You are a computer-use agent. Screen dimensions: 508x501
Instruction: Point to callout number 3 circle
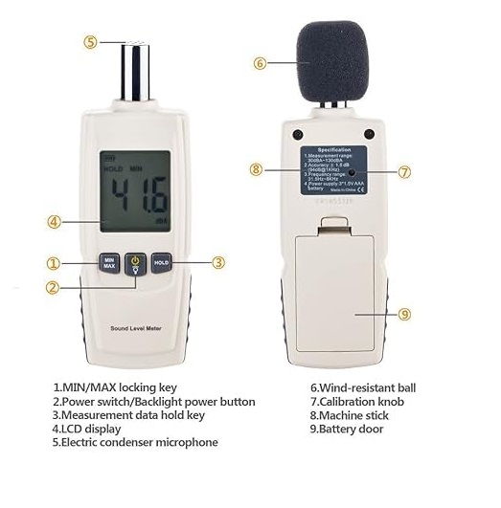[218, 262]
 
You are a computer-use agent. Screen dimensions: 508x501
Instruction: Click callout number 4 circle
[55, 221]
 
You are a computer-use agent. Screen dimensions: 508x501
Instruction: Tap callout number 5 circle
[91, 42]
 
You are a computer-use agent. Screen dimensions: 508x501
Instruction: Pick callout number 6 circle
[260, 63]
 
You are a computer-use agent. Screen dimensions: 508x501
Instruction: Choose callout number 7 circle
[404, 172]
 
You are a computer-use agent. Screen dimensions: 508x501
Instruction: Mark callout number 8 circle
[256, 169]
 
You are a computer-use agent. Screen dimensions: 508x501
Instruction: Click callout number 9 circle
[404, 313]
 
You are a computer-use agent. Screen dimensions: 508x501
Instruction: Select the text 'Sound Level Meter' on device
[135, 328]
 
